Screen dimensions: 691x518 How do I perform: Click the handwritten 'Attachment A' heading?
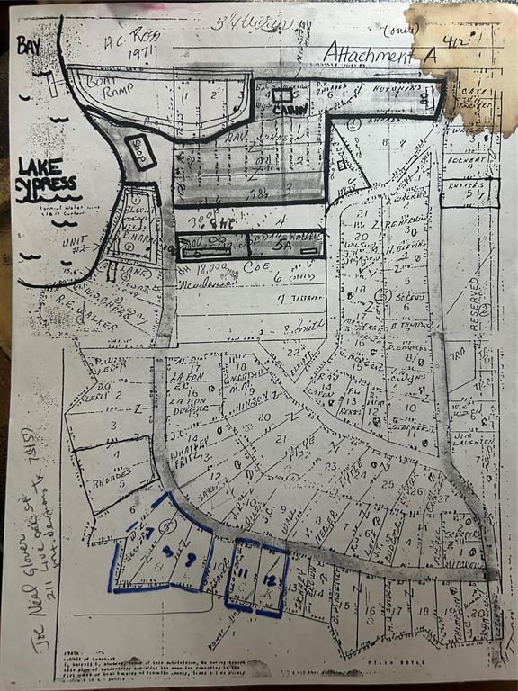(380, 53)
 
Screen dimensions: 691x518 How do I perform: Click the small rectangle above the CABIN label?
(282, 94)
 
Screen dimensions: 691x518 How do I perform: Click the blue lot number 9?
(190, 559)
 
